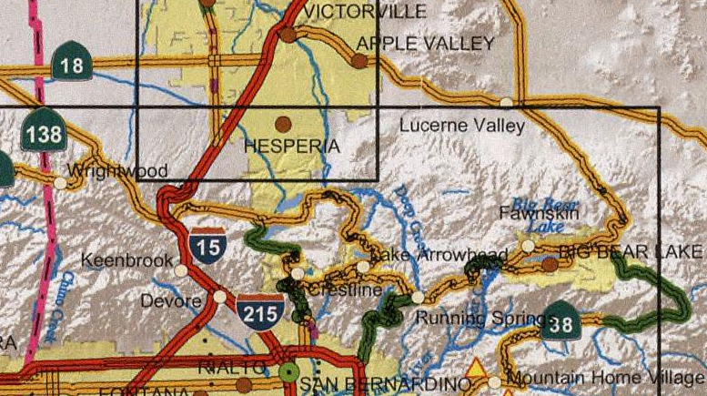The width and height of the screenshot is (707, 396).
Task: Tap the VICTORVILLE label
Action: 367,11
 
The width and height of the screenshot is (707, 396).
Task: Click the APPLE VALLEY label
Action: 425,44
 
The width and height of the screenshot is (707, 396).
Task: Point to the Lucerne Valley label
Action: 462,126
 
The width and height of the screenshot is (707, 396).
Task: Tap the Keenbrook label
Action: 126,260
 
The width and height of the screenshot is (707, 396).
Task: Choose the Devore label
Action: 171,300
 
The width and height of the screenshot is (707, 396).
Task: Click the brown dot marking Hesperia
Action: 283,123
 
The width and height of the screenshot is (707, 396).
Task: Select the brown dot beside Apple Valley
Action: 360,61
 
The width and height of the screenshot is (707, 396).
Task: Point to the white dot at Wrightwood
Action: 60,182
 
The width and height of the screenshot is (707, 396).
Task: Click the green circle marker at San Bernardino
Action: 289,371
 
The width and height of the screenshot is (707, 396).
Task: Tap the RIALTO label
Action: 234,368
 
